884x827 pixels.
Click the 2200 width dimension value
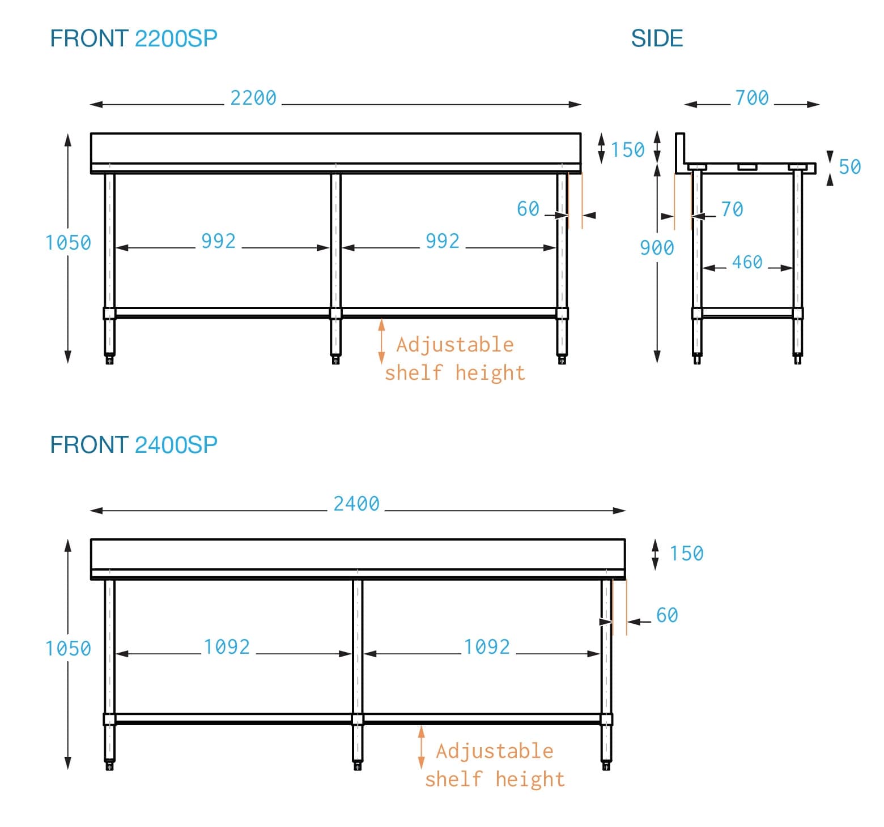coord(253,98)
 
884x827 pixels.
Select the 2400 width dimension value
coord(356,504)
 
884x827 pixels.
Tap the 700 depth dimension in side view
coord(752,98)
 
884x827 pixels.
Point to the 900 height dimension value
coord(657,248)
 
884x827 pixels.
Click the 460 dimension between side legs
coord(747,262)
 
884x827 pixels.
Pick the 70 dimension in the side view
coord(732,209)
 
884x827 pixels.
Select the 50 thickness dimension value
coord(849,167)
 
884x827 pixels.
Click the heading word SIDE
coord(657,38)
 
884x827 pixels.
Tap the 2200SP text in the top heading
coord(176,38)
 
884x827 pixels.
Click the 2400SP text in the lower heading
coord(176,445)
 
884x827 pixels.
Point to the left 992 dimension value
coord(218,241)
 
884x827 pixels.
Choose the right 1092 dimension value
coord(487,647)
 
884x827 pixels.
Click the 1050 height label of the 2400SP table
coord(68,649)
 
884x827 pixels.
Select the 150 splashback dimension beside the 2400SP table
coord(686,554)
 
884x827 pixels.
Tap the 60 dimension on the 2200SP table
coord(528,209)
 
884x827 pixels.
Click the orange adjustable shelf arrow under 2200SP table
coord(381,341)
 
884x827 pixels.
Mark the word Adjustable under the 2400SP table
coord(494,751)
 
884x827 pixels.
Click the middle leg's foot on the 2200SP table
coord(335,359)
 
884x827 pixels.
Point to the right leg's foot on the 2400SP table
coord(606,766)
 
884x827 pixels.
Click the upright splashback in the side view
coord(680,150)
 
